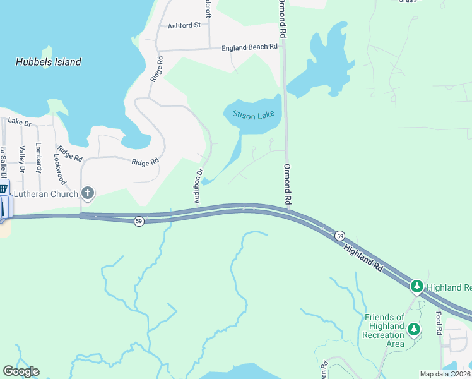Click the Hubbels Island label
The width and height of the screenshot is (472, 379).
(x=49, y=62)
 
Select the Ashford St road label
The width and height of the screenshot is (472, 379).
(x=184, y=26)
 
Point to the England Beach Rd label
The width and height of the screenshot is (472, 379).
(x=249, y=47)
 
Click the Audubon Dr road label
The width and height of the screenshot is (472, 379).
(x=199, y=184)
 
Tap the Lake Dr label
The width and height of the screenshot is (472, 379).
(x=19, y=123)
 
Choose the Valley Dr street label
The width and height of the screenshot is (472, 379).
(x=21, y=159)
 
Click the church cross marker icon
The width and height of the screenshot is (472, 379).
(x=87, y=194)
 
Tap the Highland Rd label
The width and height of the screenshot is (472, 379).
(x=363, y=259)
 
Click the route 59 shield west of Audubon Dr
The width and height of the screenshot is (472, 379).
(x=139, y=221)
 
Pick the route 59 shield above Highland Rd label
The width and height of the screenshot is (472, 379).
(x=339, y=236)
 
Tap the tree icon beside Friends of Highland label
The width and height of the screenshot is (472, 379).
(x=414, y=328)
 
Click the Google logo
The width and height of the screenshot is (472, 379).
(x=21, y=371)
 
